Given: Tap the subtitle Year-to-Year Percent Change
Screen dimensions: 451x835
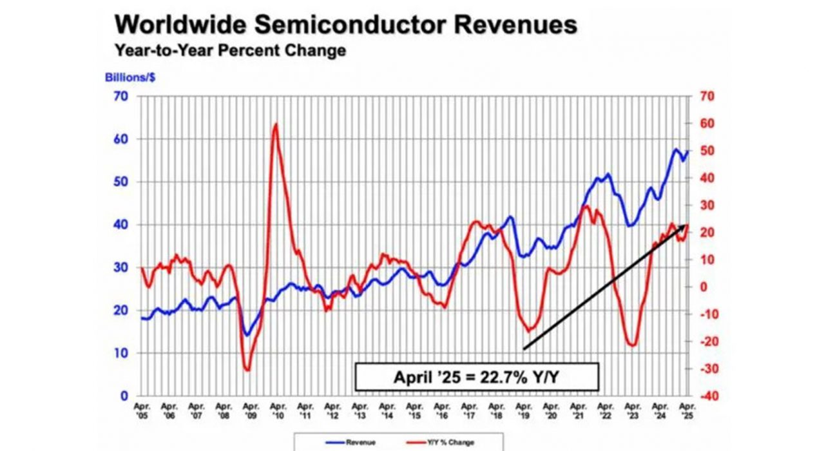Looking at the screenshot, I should coord(230,51).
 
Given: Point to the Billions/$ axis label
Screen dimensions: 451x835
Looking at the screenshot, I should coord(130,79).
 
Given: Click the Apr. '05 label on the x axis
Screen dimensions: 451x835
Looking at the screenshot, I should coord(141,411).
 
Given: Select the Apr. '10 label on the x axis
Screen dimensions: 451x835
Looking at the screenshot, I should coord(277,411).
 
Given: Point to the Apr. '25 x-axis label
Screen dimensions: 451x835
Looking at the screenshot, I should coord(687,411).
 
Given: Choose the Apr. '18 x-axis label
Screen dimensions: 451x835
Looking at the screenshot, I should coord(496,411).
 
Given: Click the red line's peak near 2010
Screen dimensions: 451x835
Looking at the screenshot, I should coord(275,124).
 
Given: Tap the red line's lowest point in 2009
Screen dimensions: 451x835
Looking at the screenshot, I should coord(247,370).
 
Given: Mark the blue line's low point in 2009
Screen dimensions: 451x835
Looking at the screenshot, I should coord(246,335).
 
